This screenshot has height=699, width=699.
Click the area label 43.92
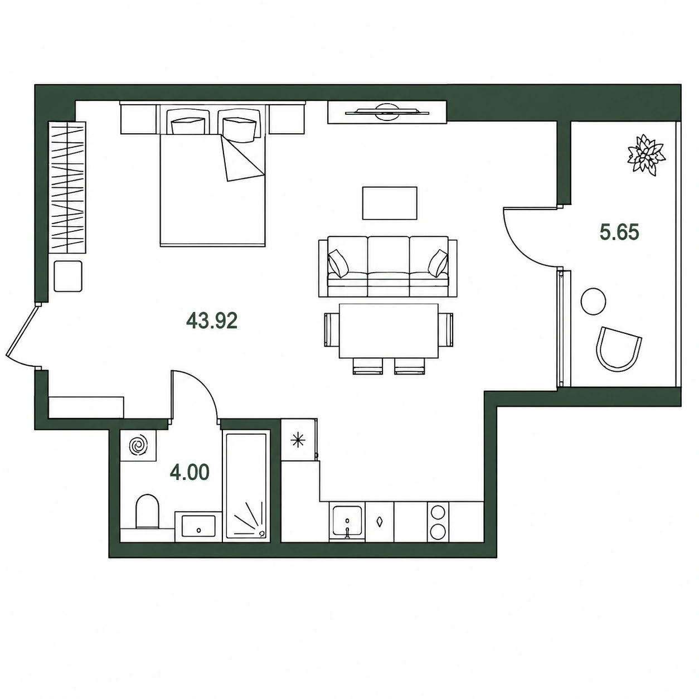click(x=212, y=321)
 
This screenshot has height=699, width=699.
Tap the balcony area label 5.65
click(x=619, y=232)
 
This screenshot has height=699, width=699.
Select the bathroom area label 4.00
click(x=190, y=472)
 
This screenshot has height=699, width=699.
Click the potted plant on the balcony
click(x=647, y=155)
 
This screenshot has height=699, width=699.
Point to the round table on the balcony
click(x=593, y=301)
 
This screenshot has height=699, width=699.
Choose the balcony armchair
click(x=619, y=349)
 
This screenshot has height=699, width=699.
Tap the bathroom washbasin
click(x=198, y=526)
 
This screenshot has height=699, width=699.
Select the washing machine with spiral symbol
click(x=138, y=445)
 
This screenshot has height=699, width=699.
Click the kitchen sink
click(x=347, y=521)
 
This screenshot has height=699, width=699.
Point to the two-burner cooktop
click(x=438, y=522)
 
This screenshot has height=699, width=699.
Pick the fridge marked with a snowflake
click(x=299, y=440)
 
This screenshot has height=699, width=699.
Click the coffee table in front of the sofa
click(x=390, y=203)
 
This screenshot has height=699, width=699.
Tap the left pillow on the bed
click(x=187, y=126)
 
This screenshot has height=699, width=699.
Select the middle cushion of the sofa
click(x=389, y=266)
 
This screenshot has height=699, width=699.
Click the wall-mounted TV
click(x=387, y=112)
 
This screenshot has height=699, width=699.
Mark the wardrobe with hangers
click(x=67, y=187)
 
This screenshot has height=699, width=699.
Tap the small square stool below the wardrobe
click(x=68, y=276)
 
